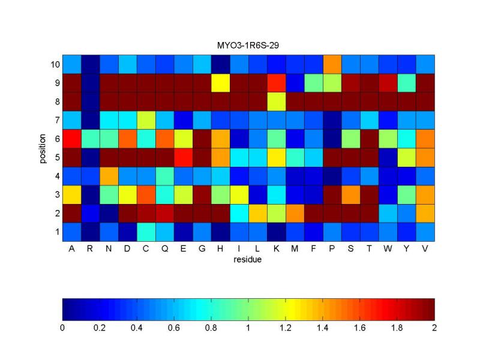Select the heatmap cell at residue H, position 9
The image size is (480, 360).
pos(221,82)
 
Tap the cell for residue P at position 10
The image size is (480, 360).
pos(332,64)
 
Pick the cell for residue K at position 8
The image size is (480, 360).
pos(277,101)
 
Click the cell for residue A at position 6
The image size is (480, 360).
pos(72,138)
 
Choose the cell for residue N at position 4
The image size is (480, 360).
pos(109,175)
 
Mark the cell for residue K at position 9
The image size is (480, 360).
pos(277,82)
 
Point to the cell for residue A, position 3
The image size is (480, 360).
pos(72,194)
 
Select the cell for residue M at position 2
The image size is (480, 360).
pos(295,212)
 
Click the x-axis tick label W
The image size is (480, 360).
pos(388,250)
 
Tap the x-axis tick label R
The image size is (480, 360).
pos(91,250)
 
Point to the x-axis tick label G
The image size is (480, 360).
pos(202,250)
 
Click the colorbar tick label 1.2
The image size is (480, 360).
pos(286,329)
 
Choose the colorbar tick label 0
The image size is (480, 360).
pos(62,329)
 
